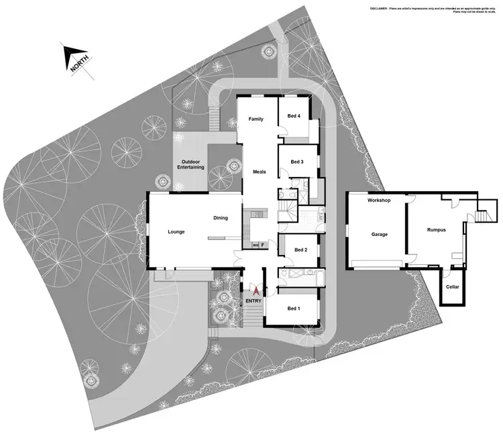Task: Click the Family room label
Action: click(256, 119)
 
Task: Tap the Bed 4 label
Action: click(294, 116)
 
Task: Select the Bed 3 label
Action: click(297, 162)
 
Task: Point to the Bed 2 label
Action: click(300, 250)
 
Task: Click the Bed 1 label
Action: click(294, 309)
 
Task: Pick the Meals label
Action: click(260, 172)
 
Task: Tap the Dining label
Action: click(221, 218)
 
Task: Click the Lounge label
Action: click(176, 232)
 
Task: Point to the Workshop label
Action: click(379, 201)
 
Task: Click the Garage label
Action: click(381, 235)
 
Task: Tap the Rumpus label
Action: click(437, 230)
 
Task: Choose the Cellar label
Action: click(453, 287)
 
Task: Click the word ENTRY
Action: click(254, 301)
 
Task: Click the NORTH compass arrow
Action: click(75, 58)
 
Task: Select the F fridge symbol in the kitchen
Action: click(264, 245)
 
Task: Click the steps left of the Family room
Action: click(215, 119)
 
